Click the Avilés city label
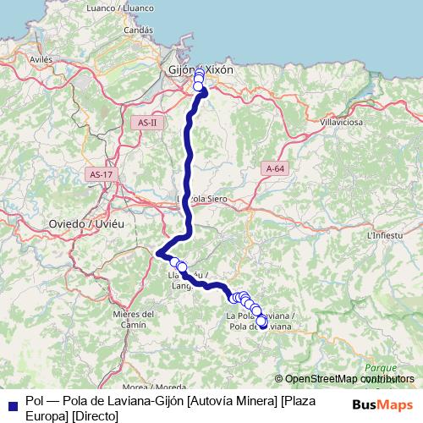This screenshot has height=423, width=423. pos(41,60)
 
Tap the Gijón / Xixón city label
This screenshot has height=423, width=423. pos(200,70)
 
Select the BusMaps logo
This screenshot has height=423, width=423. pos(382,404)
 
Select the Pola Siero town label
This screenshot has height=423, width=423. pos(210,199)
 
